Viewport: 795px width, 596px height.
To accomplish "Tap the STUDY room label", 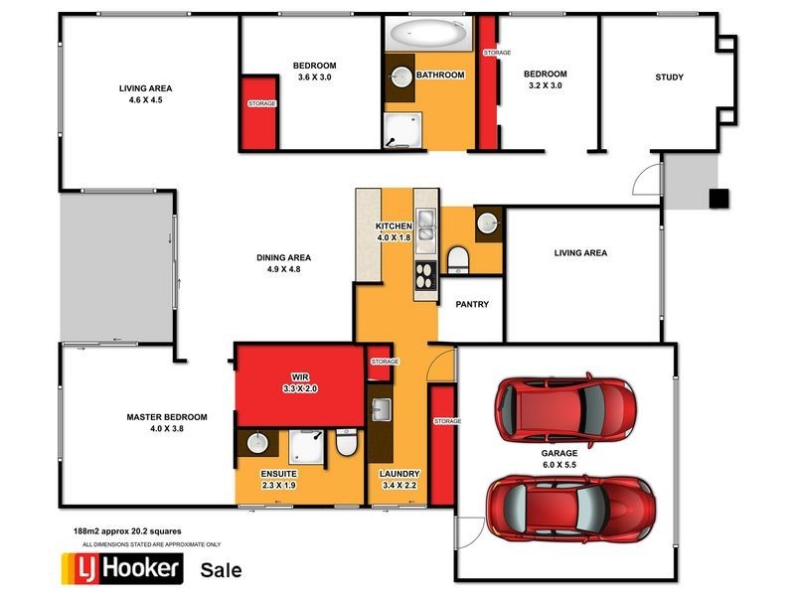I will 669,78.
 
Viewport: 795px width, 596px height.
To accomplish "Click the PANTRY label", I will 472,305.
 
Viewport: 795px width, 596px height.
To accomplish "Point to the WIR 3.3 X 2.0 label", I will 300,383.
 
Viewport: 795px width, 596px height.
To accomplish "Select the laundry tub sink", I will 382,410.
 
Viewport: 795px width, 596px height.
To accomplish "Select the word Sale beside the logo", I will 221,570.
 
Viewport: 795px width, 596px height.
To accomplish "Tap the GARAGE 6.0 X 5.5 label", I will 560,458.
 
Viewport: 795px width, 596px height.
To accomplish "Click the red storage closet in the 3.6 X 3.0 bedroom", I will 261,110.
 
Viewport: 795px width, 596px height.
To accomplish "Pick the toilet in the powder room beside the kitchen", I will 458,261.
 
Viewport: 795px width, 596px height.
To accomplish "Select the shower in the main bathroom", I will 402,130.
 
